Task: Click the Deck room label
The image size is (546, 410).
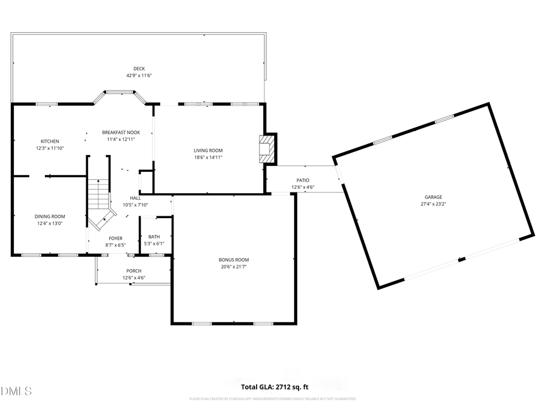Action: (x=139, y=69)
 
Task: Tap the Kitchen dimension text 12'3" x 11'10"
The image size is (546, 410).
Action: (x=50, y=148)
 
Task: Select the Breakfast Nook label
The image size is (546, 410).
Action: (x=121, y=132)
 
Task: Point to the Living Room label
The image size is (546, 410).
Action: (x=208, y=150)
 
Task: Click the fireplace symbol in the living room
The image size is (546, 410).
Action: (x=266, y=148)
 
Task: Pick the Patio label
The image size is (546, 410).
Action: (x=303, y=180)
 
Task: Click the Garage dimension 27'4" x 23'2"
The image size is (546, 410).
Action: (x=433, y=204)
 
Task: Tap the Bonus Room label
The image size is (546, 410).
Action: (x=234, y=260)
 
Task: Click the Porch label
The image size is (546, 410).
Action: (x=133, y=271)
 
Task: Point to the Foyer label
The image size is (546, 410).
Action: (x=115, y=238)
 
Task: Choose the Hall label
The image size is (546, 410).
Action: (x=135, y=198)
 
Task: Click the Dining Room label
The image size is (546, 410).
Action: (x=50, y=216)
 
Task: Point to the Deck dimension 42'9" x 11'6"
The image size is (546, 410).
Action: (x=139, y=76)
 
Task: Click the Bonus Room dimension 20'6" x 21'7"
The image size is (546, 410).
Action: (x=234, y=267)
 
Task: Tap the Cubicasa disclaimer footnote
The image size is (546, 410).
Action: (x=272, y=399)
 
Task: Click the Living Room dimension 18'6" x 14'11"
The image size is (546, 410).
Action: (x=208, y=157)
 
